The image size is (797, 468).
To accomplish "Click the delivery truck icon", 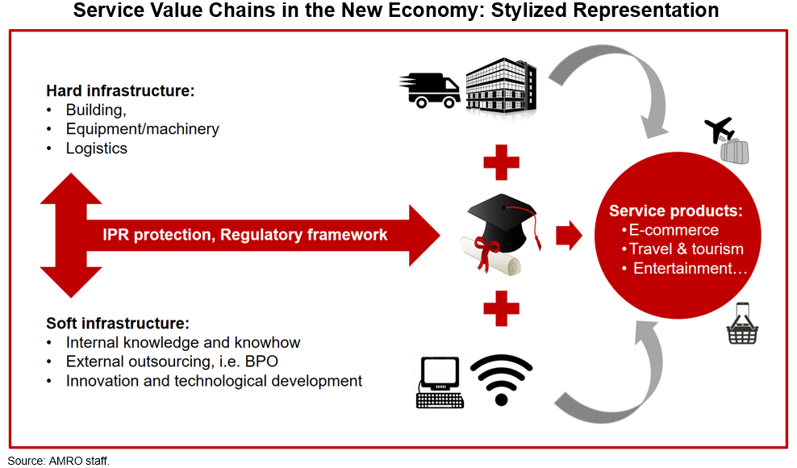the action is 429,90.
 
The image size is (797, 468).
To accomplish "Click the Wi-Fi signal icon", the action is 501,379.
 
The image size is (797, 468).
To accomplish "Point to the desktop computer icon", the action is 440,382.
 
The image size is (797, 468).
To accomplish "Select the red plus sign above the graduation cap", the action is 501,162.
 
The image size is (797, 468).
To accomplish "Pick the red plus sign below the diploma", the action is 501,308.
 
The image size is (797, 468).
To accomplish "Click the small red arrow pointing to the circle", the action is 569,236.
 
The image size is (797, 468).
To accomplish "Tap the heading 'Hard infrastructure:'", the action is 120,90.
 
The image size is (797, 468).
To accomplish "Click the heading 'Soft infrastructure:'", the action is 118,323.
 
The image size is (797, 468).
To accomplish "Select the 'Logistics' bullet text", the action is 97,148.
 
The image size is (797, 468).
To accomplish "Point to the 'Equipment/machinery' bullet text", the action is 142,129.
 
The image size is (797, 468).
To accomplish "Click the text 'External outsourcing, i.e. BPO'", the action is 172,361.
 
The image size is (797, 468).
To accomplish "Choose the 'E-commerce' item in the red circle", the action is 674,230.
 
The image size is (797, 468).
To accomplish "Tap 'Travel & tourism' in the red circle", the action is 686,249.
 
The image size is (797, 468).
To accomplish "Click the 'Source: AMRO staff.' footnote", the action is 58,461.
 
